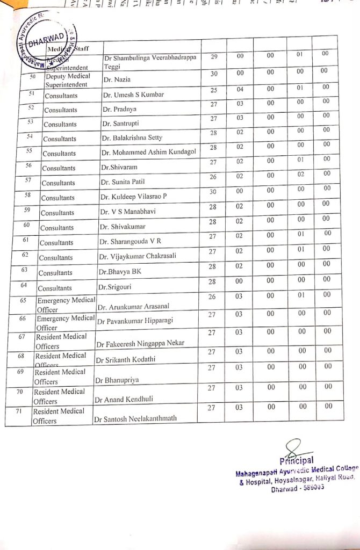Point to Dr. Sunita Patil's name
click(x=123, y=182)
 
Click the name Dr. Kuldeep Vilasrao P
click(x=134, y=197)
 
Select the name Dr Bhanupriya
click(x=117, y=380)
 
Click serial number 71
click(x=20, y=411)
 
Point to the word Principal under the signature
click(x=297, y=461)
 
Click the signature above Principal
click(x=293, y=448)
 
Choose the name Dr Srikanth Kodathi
click(x=125, y=359)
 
